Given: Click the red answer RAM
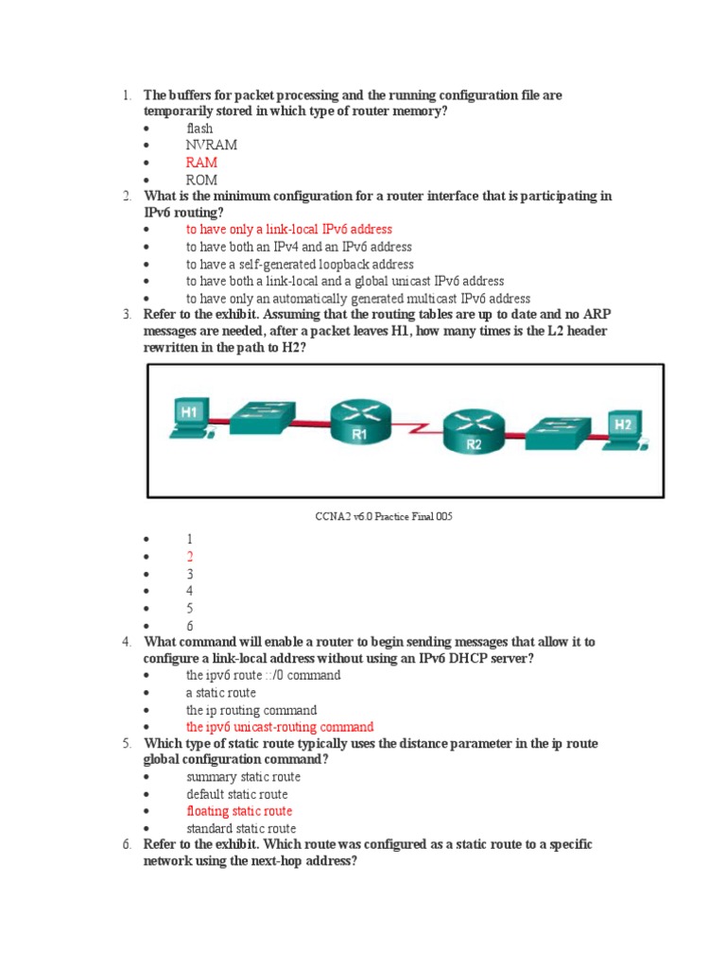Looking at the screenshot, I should tap(201, 163).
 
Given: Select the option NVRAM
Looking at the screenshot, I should tap(211, 146).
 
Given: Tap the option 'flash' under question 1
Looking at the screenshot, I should tap(199, 129).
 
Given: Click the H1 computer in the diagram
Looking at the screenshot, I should tap(190, 419).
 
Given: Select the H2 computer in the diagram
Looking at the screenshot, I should tap(622, 429).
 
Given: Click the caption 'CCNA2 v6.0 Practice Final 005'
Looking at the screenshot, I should tap(377, 517).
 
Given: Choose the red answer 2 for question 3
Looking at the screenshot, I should tap(190, 557).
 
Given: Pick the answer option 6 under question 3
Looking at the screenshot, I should tap(190, 626).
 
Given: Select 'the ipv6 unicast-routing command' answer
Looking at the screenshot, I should tap(280, 727).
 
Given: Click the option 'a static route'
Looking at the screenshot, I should tap(221, 693).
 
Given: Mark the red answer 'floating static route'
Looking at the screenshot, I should tap(239, 811).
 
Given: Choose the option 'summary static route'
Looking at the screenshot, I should tap(243, 777).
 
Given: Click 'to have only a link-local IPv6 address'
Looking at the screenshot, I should tap(288, 230).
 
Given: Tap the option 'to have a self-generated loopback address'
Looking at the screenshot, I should tap(300, 265).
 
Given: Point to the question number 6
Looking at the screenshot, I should tap(126, 844).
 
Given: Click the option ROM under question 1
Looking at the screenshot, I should tap(201, 180).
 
